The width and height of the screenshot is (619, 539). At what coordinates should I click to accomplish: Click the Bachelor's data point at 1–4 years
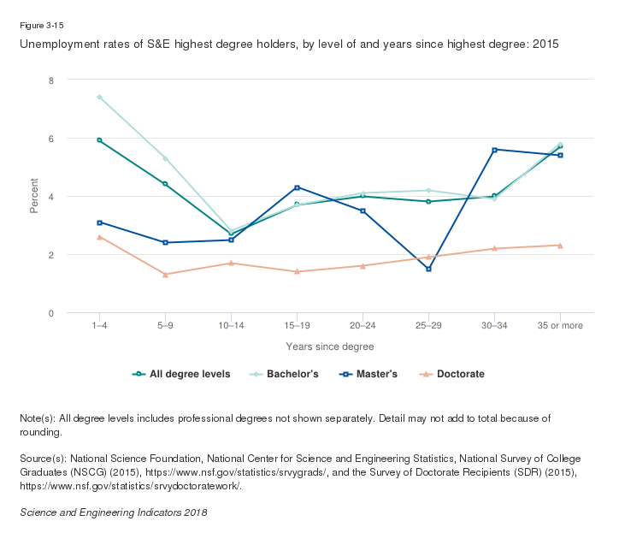[x=99, y=98]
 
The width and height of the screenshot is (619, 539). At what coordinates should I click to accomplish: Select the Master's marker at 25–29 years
[x=428, y=269]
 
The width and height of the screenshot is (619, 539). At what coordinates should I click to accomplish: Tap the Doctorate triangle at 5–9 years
[x=165, y=274]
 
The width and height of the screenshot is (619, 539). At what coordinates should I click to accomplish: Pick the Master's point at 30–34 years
[x=494, y=150]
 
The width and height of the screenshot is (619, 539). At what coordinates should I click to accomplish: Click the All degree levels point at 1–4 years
[x=99, y=140]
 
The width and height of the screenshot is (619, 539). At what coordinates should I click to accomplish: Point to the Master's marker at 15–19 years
[x=297, y=187]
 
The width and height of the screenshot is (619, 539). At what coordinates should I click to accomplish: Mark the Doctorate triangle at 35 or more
[x=560, y=246]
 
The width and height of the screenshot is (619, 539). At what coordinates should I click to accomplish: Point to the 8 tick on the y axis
[x=50, y=80]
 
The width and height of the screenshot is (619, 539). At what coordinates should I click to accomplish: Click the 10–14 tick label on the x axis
[x=231, y=326]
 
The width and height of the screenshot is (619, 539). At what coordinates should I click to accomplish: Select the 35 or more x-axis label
[x=560, y=326]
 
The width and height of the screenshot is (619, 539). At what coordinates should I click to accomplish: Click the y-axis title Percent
[x=34, y=197]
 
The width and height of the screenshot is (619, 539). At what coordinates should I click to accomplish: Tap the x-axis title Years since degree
[x=329, y=346]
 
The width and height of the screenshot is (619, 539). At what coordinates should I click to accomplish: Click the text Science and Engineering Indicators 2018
[x=113, y=512]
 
